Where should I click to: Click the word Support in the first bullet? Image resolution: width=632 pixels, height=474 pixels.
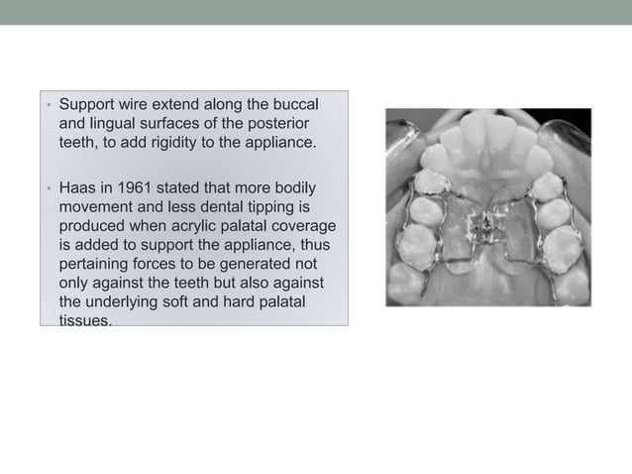87,104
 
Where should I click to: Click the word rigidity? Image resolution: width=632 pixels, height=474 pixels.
171,142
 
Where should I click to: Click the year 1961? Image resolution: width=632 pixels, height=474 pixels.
146,188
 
